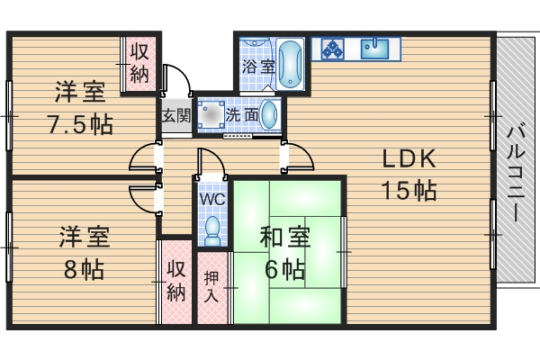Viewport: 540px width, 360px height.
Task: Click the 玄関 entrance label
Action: pyautogui.click(x=175, y=115)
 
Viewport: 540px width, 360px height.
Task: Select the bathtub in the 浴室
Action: pyautogui.click(x=288, y=64)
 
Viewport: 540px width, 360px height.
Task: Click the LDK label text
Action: pyautogui.click(x=409, y=159)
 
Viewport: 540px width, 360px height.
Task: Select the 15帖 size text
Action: pyautogui.click(x=409, y=190)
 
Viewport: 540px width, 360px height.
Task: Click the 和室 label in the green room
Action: pyautogui.click(x=285, y=238)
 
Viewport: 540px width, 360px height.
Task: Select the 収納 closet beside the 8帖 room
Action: pyautogui.click(x=175, y=281)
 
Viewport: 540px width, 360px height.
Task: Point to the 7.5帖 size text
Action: pyautogui.click(x=80, y=123)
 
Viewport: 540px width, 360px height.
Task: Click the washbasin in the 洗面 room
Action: pyautogui.click(x=269, y=114)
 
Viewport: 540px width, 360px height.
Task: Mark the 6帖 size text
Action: pyautogui.click(x=285, y=268)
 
